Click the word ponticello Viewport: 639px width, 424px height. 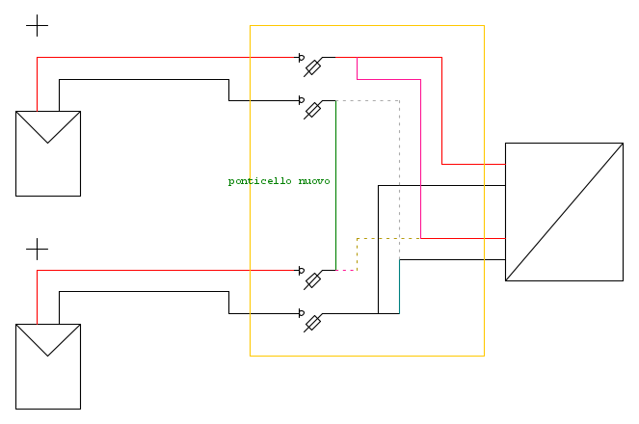pyautogui.click(x=259, y=181)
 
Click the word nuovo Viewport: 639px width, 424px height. pyautogui.click(x=314, y=181)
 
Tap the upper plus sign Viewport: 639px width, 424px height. pyautogui.click(x=37, y=25)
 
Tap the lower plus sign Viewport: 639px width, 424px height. pyautogui.click(x=37, y=249)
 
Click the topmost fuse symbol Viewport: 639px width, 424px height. pyautogui.click(x=312, y=67)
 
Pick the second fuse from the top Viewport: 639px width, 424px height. pyautogui.click(x=312, y=110)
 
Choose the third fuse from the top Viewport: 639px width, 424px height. pyautogui.click(x=312, y=280)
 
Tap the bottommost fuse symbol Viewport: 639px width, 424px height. pyautogui.click(x=312, y=323)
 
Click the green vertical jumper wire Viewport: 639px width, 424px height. pyautogui.click(x=335, y=185)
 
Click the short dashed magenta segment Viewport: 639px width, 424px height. pyautogui.click(x=346, y=270)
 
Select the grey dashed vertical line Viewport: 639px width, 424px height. pyautogui.click(x=399, y=179)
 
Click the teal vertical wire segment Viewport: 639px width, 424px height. pyautogui.click(x=399, y=286)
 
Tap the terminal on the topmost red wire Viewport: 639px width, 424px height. pyautogui.click(x=301, y=58)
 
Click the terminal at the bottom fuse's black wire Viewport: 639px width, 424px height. pyautogui.click(x=301, y=313)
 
